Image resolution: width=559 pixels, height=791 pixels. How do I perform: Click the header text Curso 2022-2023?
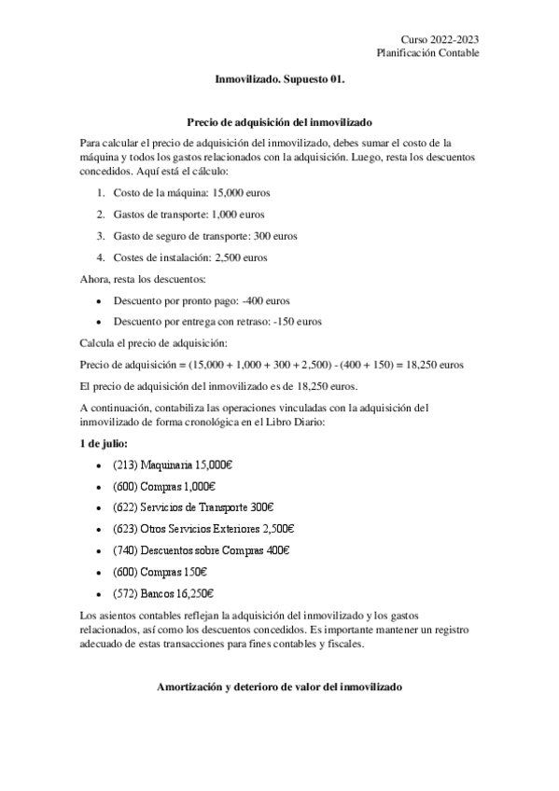[440, 39]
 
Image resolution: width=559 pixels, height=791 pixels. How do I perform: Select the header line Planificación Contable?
[428, 53]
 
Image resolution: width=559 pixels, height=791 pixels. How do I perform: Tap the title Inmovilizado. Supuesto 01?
[279, 82]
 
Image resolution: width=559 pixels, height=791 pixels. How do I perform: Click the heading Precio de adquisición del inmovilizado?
[279, 122]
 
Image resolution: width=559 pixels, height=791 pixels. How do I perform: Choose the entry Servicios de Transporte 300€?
[204, 507]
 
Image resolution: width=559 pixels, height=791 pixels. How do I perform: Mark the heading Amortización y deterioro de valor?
[279, 687]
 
